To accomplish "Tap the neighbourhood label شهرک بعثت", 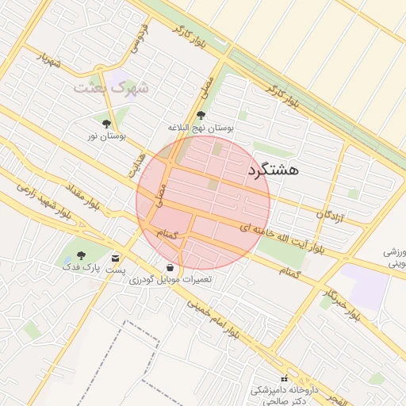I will click(x=111, y=87).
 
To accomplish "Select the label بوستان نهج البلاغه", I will click(x=201, y=128).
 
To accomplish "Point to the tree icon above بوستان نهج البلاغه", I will click(x=199, y=116).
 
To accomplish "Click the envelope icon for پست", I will click(x=116, y=259).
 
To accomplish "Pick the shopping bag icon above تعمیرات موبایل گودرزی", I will click(x=170, y=266).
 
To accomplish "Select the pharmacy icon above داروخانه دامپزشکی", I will click(x=284, y=379).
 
